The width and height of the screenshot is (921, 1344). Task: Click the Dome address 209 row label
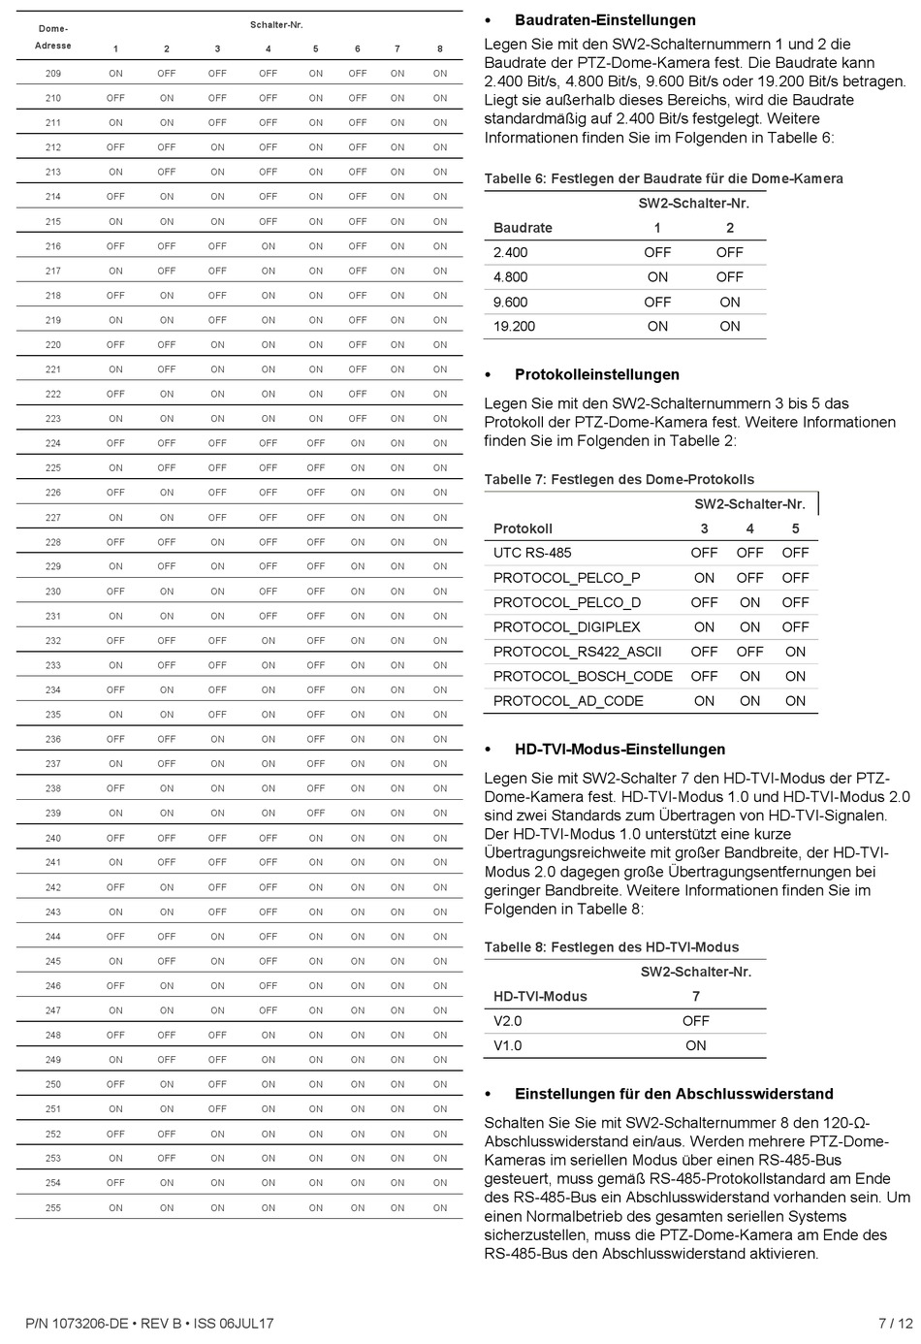53,74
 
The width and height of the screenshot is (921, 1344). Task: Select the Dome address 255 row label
53,1207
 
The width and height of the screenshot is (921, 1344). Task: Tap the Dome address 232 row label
53,641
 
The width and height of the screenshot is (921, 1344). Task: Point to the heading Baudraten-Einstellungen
605,20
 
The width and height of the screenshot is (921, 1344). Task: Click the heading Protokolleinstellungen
596,375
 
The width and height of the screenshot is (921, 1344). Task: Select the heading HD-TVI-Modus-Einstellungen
619,750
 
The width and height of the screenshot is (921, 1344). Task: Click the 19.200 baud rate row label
514,327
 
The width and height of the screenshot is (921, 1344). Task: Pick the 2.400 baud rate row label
510,252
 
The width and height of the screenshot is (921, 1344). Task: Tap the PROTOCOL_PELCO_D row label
566,602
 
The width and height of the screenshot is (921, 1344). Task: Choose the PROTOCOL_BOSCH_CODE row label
583,676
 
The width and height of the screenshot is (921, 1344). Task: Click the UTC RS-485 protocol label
532,553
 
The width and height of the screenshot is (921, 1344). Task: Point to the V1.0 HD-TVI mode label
507,1045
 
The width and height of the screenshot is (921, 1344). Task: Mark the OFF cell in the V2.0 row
695,1021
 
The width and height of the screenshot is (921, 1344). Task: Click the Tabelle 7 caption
619,480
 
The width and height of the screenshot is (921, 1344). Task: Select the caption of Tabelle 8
611,947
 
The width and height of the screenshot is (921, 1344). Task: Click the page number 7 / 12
895,1323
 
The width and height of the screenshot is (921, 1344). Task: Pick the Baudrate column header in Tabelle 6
523,228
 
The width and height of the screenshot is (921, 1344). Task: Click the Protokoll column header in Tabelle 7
523,528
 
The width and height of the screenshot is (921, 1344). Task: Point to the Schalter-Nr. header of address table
276,24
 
